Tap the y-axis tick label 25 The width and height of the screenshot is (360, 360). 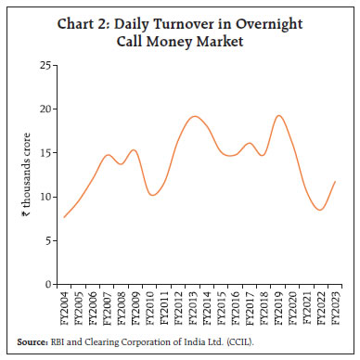click(45, 65)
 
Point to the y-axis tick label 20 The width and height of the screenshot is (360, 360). click(45, 109)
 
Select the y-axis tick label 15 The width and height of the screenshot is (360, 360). click(45, 153)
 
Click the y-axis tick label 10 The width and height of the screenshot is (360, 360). click(45, 197)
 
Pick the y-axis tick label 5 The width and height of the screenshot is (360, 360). click(48, 240)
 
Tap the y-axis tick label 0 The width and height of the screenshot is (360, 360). click(48, 284)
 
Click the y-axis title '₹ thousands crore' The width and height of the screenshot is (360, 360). click(26, 174)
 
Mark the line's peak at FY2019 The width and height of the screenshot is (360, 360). click(278, 115)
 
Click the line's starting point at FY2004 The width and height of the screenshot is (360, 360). click(64, 217)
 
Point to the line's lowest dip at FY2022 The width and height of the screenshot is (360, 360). click(320, 210)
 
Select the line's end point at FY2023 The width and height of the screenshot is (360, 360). click(335, 182)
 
